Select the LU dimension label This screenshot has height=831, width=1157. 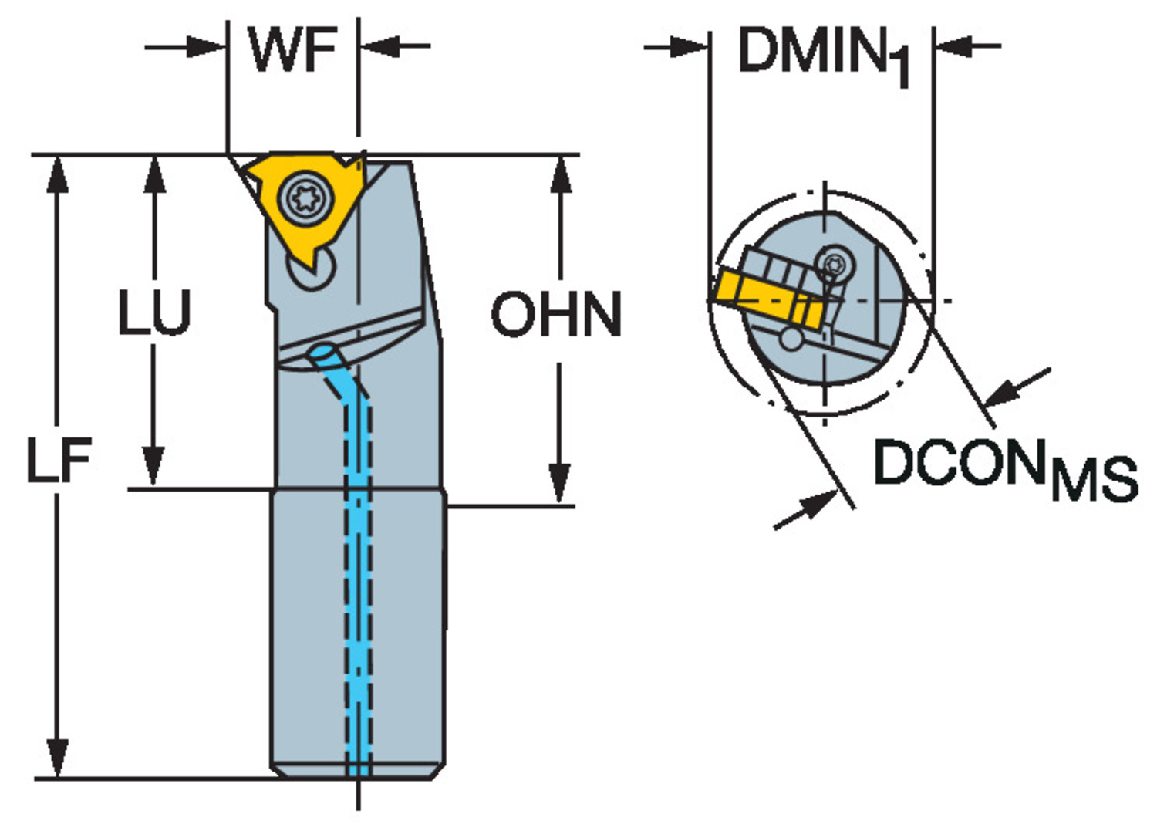click(153, 313)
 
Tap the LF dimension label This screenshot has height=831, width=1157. click(59, 461)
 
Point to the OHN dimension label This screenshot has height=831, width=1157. click(556, 315)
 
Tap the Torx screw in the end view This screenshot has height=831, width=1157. click(835, 264)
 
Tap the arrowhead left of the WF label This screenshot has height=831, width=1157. click(205, 47)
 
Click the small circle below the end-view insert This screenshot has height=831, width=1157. click(790, 338)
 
